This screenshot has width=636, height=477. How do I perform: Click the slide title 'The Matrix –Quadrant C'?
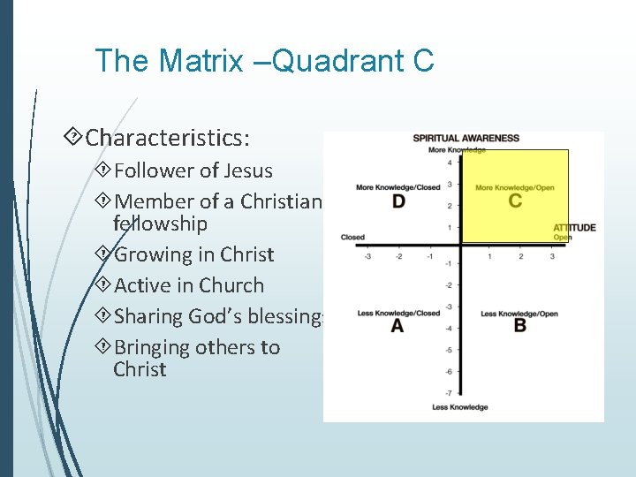coord(264,61)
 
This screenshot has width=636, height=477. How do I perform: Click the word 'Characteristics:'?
coord(168,138)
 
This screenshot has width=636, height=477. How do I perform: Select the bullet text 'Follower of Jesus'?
coord(193,170)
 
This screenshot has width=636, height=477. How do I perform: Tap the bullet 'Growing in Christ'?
coord(194,254)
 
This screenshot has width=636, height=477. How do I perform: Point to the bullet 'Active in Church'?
coord(189,285)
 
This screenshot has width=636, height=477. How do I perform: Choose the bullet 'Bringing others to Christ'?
coord(196,358)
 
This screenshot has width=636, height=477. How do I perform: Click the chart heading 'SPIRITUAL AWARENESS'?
coord(466,139)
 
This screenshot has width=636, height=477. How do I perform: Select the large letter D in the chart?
coord(398,201)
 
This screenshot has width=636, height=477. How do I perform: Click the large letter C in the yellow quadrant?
coord(515,201)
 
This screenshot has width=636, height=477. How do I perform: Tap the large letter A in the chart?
coord(397,326)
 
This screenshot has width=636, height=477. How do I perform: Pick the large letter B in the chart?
coord(519,326)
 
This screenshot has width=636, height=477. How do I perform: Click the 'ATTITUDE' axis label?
coord(574,228)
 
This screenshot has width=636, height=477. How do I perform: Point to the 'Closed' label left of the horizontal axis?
coord(352,238)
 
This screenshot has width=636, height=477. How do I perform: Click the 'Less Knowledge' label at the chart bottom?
coord(459,407)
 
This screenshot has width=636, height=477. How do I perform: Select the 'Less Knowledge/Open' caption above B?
coord(519,314)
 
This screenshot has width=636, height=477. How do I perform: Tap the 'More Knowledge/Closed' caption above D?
coord(397,187)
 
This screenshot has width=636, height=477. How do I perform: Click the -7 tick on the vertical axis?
coord(449,392)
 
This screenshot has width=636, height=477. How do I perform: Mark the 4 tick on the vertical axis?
coord(449,163)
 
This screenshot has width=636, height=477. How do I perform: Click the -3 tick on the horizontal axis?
coord(367,256)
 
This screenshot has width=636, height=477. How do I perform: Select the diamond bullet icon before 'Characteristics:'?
coord(75,137)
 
